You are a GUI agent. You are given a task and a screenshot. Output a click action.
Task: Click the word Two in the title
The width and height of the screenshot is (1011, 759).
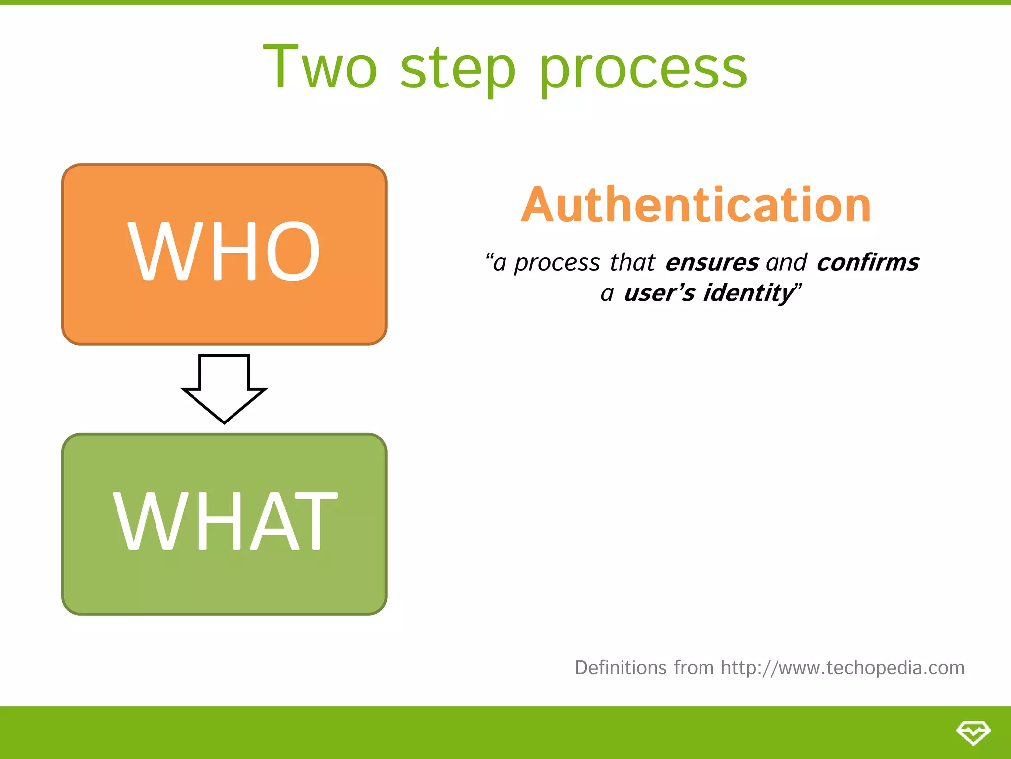[x=320, y=67]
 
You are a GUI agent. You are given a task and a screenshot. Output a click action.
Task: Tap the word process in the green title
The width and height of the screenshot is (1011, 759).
[x=643, y=69]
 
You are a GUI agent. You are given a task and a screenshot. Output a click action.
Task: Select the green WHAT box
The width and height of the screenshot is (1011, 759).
[x=224, y=583]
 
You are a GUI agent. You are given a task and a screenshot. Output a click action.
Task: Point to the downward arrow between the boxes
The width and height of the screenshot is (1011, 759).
[x=224, y=388]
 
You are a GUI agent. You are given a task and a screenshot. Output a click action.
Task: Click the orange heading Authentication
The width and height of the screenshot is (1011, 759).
[x=696, y=205]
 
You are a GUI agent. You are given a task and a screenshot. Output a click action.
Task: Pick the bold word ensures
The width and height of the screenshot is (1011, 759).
[x=712, y=262]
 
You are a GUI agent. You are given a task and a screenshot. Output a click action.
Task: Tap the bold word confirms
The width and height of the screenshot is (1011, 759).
[x=868, y=262]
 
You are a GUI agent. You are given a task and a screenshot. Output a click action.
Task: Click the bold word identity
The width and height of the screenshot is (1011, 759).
[x=748, y=293]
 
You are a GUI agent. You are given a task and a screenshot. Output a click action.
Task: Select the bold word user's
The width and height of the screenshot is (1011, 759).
[x=660, y=293]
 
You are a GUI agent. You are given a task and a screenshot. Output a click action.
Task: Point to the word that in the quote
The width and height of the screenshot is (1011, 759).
[x=632, y=262]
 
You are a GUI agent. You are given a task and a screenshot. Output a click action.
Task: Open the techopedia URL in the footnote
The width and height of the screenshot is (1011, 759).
[x=842, y=668]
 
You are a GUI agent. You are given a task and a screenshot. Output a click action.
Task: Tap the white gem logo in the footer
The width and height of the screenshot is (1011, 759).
[x=973, y=732]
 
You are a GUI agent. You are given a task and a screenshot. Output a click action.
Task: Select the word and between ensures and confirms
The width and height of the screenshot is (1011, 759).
[x=786, y=262]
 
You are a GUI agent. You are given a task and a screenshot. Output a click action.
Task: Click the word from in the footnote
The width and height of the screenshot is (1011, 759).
[x=694, y=668]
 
